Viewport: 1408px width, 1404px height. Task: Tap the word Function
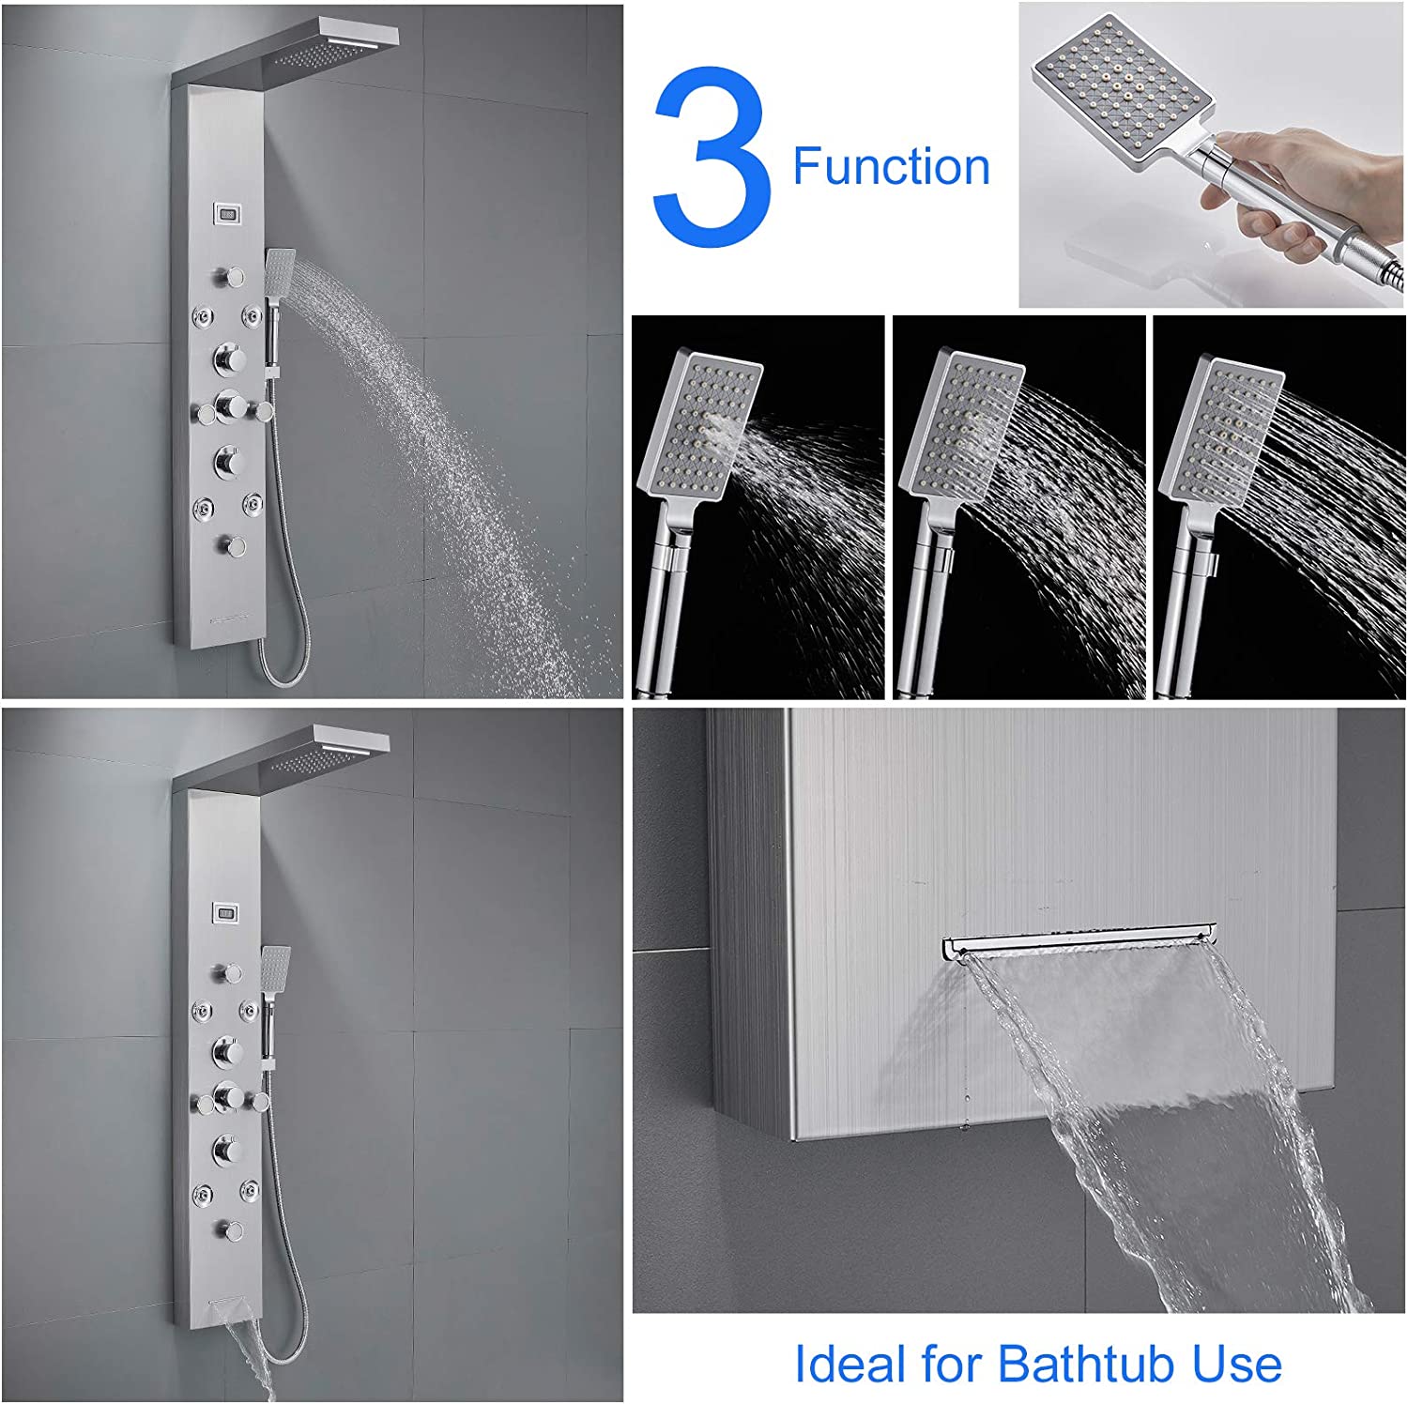point(892,167)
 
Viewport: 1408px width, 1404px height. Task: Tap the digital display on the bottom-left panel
point(225,910)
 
